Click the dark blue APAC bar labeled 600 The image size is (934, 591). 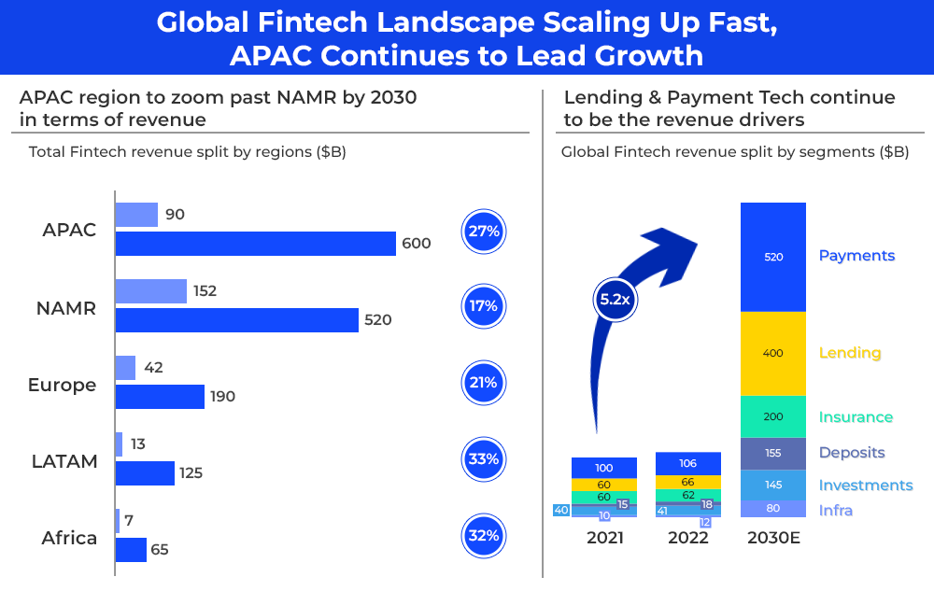(x=255, y=244)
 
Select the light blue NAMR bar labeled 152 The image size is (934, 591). (x=150, y=291)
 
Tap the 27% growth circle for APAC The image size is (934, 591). (x=484, y=232)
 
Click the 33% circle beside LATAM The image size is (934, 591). (x=484, y=459)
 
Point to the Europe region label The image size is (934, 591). (x=62, y=385)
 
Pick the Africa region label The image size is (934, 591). (x=69, y=538)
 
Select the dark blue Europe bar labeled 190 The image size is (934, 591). (x=159, y=397)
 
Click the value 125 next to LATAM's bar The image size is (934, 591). (x=191, y=473)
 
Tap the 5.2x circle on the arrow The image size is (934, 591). (x=614, y=301)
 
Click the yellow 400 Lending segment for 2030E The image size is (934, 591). (x=772, y=353)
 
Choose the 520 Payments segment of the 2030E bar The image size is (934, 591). (x=772, y=257)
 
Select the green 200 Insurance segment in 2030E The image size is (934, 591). (x=772, y=416)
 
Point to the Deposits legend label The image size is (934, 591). (x=851, y=453)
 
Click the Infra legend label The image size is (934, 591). (x=836, y=511)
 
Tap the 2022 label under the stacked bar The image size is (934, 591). (x=687, y=538)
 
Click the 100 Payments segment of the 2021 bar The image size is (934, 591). (x=603, y=468)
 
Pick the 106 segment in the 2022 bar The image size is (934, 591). (x=687, y=463)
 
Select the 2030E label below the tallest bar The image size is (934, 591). (x=772, y=538)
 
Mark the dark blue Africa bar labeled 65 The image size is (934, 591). (x=131, y=550)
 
